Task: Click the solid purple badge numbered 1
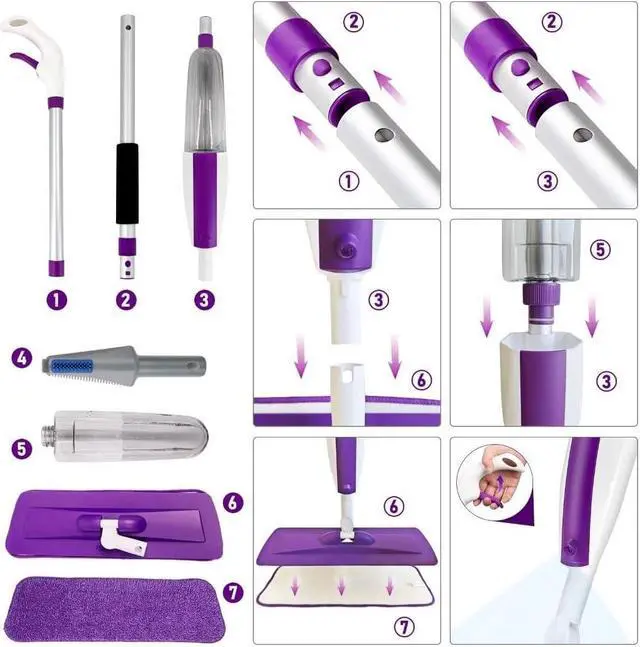point(57,299)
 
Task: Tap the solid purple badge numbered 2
point(126,299)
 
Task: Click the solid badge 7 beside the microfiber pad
point(232,592)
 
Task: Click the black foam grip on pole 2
point(126,184)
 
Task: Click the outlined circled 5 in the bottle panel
point(599,249)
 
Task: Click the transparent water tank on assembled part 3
point(204,95)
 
